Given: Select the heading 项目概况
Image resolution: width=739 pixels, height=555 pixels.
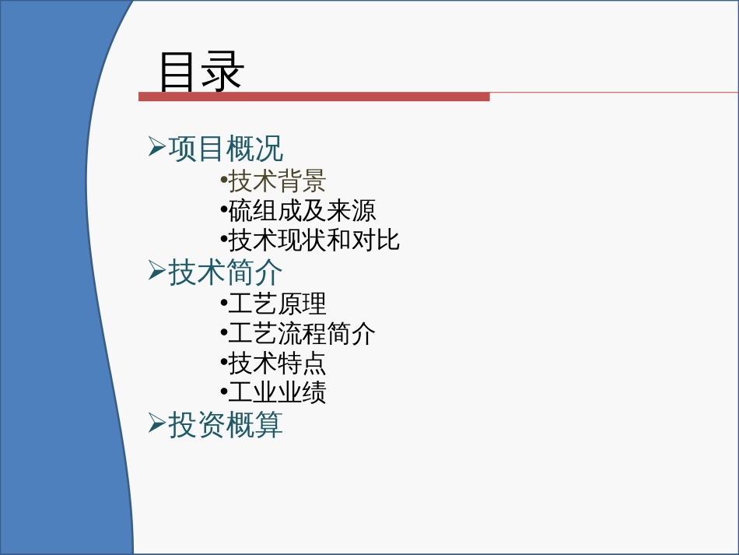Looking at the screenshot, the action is pos(226,149).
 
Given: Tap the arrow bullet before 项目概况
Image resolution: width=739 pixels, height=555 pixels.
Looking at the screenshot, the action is pos(157,146).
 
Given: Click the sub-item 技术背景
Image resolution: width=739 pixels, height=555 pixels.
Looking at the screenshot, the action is pos(277,181).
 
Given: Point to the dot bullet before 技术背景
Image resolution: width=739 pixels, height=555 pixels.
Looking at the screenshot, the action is pos(224,180).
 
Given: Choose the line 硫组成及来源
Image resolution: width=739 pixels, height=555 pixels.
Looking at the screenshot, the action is pos(302,211).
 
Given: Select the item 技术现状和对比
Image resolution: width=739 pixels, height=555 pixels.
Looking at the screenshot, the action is pos(314,241).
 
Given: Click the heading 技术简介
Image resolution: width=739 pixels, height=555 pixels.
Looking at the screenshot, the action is pos(226,272).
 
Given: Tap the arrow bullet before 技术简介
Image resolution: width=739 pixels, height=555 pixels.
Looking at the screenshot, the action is pos(157,270).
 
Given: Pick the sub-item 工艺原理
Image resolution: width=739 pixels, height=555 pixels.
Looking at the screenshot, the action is pos(277,304).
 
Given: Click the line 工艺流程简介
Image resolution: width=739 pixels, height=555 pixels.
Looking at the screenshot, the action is pos(302,333).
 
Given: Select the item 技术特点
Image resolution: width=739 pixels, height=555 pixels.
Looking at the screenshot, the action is pos(277,363).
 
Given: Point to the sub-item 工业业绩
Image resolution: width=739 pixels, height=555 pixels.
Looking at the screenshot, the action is pos(277,392).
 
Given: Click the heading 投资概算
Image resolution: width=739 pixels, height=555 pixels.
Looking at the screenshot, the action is pos(226,424).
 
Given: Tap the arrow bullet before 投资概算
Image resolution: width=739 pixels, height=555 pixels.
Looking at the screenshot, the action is pos(157,422).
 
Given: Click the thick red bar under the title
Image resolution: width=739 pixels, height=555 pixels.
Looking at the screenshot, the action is pos(314,97).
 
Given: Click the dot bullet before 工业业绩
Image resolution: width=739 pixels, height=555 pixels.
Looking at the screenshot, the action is pos(224,392).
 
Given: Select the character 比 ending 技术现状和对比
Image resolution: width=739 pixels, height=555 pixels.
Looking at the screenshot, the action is pos(388,241).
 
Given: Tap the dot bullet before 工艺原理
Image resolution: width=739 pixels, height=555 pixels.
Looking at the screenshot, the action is pos(224,303).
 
